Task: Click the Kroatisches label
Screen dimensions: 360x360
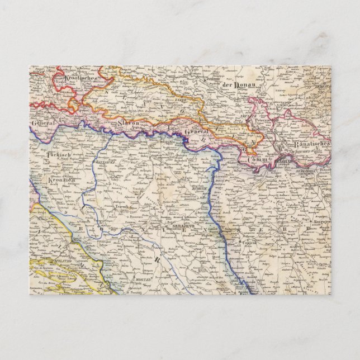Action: click(82, 79)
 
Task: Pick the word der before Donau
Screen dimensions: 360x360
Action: click(227, 85)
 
